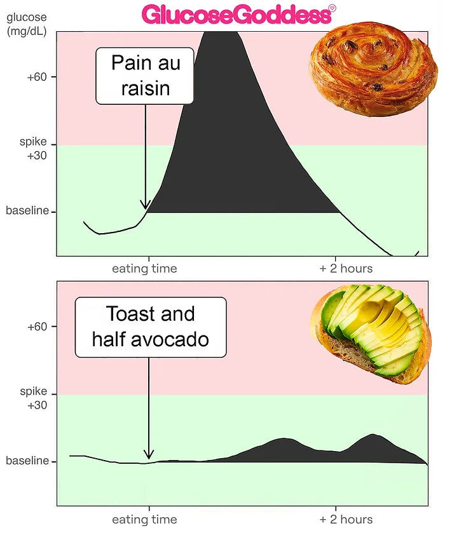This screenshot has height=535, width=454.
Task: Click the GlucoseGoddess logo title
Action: pyautogui.click(x=235, y=14)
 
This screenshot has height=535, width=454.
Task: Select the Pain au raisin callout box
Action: pyautogui.click(x=145, y=76)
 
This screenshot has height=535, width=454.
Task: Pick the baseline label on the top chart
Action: pyautogui.click(x=27, y=211)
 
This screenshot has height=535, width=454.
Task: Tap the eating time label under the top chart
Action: pyautogui.click(x=144, y=269)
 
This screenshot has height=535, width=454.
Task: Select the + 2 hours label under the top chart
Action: pyautogui.click(x=346, y=269)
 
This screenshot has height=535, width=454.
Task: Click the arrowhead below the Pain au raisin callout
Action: pyautogui.click(x=146, y=205)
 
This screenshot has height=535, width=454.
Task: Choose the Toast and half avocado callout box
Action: pyautogui.click(x=151, y=327)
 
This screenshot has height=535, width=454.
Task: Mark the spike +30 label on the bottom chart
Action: pyautogui.click(x=33, y=396)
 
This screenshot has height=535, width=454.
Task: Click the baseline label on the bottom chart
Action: pyautogui.click(x=27, y=461)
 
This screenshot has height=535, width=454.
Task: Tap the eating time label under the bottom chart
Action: pyautogui.click(x=144, y=520)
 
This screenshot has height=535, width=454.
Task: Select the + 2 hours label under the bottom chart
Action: pyautogui.click(x=346, y=520)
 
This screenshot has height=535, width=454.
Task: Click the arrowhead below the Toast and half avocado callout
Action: pyautogui.click(x=149, y=454)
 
